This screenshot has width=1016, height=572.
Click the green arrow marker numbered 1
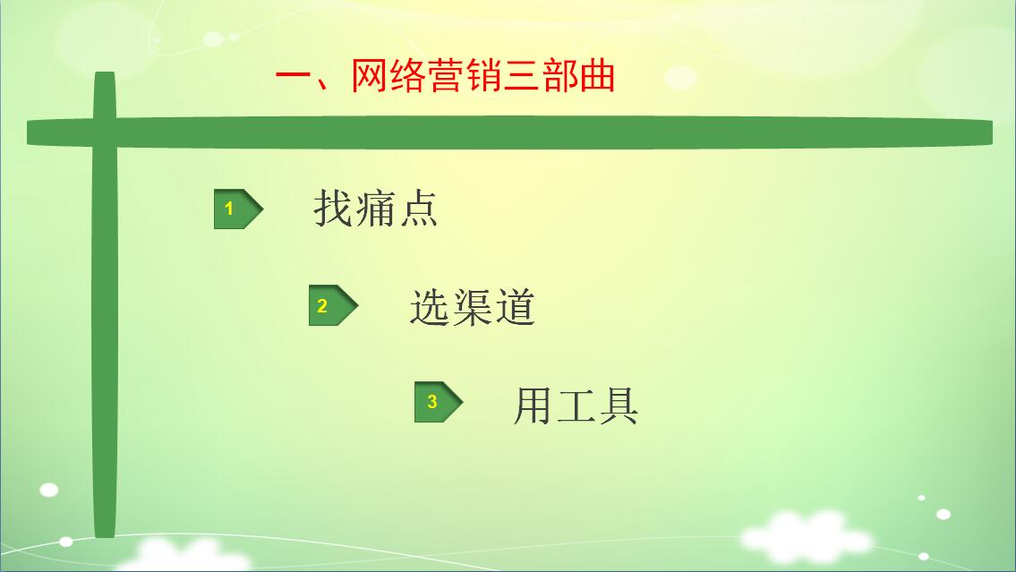238,209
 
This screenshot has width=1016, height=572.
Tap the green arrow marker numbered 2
333,305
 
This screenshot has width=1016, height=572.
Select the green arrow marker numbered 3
439,402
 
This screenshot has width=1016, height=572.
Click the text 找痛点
376,208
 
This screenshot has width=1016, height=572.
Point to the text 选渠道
473,306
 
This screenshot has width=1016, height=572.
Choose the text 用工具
576,406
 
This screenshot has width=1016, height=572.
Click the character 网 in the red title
370,76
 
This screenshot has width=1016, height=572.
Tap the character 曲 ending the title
597,76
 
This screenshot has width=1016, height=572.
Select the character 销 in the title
482,76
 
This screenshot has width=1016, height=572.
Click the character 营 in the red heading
445,76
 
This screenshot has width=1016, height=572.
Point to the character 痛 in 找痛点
376,208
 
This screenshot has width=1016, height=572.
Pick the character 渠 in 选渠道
473,306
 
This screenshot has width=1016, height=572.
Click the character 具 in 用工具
619,406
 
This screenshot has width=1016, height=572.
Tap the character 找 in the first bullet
334,208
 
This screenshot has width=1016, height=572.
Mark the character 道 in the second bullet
515,306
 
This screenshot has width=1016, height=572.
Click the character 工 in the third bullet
576,406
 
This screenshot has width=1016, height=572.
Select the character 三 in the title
521,76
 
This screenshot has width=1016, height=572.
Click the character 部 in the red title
559,76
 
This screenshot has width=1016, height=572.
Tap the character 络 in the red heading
407,76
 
